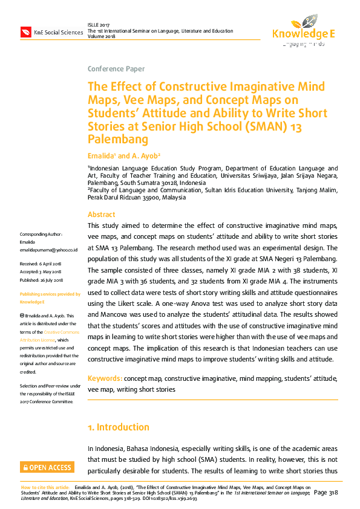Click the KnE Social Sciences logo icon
[x=26, y=31]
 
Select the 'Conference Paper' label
[x=116, y=69]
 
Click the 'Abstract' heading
[x=101, y=215]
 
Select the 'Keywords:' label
[x=104, y=378]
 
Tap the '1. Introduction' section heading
[x=119, y=427]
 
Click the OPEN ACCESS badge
[x=47, y=467]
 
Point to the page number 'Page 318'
[x=326, y=493]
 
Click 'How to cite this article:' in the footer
[x=45, y=487]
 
